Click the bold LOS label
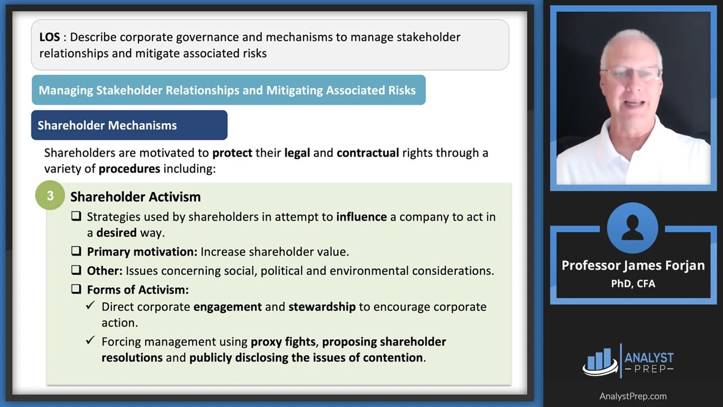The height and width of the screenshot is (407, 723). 49,37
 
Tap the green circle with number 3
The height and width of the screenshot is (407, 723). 50,196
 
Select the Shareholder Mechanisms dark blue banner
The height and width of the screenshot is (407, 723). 129,125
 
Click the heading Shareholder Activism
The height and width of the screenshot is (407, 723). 136,197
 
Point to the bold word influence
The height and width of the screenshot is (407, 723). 361,217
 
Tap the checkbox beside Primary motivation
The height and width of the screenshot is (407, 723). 76,251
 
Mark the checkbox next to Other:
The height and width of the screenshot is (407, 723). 76,270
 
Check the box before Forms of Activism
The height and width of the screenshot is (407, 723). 76,289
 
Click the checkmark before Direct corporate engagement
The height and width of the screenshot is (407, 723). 90,305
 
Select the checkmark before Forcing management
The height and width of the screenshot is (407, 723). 90,340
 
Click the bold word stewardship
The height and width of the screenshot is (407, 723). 322,307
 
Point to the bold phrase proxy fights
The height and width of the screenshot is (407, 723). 283,342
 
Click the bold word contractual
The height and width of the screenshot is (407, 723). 368,153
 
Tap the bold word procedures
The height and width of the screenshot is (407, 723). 129,169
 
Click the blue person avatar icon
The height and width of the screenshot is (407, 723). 633,228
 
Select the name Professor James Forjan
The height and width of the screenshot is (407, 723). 633,266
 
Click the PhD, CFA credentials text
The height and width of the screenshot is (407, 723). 633,284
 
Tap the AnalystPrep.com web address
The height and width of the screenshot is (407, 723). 633,396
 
